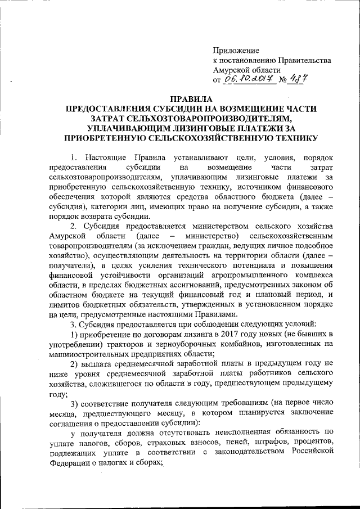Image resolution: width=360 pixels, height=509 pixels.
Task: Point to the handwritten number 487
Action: [x=298, y=79]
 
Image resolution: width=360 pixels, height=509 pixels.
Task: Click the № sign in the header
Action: [x=281, y=80]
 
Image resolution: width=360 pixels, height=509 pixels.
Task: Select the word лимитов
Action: [x=64, y=304]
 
